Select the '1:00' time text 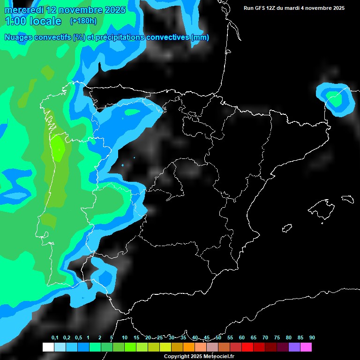point(15,21)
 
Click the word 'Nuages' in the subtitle point(18,37)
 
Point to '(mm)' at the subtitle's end point(200,37)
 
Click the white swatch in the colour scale point(48,347)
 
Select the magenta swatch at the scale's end point(306,347)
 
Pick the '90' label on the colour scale point(312,337)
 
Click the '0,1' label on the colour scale point(55,337)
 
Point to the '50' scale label point(218,337)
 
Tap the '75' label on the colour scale point(277,337)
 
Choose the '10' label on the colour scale point(125,337)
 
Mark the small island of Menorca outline point(347,199)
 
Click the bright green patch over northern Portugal point(58,148)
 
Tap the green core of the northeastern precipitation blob point(336,100)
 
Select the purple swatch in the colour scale point(294,347)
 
